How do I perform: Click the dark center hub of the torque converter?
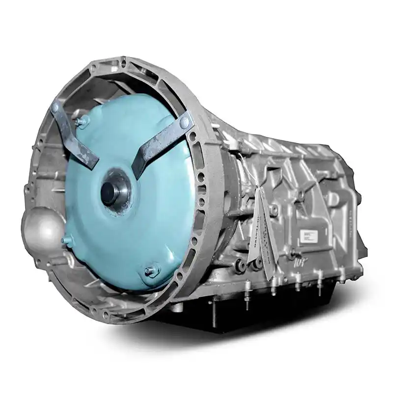pyautogui.click(x=110, y=194)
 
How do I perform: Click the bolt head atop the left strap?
pyautogui.click(x=55, y=107)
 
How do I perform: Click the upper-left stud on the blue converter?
pyautogui.click(x=82, y=121)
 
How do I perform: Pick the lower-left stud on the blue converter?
pyautogui.click(x=67, y=241)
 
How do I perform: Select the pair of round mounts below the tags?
pyautogui.click(x=248, y=266)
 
